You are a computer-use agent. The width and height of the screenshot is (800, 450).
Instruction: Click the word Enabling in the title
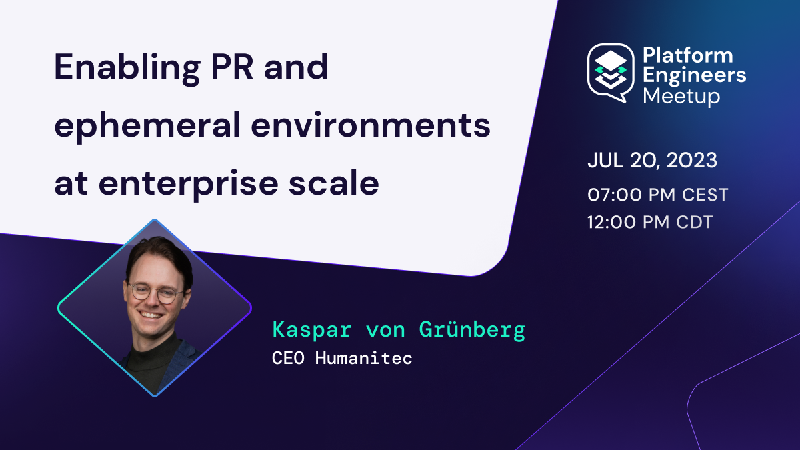127,69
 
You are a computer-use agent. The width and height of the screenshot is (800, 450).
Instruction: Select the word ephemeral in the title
147,127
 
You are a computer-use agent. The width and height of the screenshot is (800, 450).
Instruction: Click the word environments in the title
371,125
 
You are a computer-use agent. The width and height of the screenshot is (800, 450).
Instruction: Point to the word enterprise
188,185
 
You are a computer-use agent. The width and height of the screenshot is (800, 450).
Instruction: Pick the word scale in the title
333,183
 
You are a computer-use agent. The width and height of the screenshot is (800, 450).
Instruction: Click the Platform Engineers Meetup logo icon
611,73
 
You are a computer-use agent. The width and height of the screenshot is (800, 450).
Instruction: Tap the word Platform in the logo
688,56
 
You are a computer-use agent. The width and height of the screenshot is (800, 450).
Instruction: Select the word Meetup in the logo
681,97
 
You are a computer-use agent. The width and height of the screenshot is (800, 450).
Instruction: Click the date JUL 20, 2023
652,160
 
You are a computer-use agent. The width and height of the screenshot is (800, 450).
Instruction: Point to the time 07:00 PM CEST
657,195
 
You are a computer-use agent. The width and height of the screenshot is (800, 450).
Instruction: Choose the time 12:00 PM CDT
650,222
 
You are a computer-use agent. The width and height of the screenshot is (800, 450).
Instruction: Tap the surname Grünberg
472,329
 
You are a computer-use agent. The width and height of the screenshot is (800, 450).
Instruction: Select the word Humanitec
363,358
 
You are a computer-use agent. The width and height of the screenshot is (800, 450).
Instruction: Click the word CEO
288,358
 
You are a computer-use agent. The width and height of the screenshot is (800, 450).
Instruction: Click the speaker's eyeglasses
157,293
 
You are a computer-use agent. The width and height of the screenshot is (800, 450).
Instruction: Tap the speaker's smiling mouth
151,315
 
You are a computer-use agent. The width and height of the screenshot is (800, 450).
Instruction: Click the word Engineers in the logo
695,77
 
